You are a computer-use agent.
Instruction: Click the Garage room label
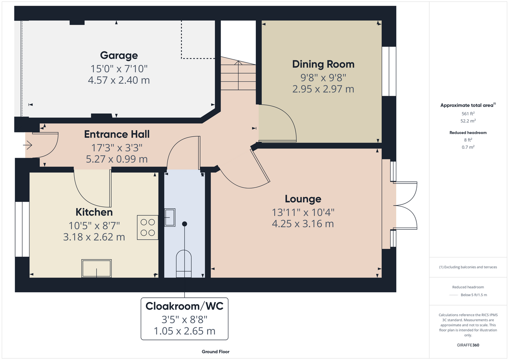pos(119,56)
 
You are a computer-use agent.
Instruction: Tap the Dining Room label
pos(323,64)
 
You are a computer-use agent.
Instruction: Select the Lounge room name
pos(303,199)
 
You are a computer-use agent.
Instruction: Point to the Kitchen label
pos(94,212)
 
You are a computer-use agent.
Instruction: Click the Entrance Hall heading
pos(117,134)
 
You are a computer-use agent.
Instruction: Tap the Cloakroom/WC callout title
pos(184,306)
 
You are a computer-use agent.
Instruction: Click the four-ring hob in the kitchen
pos(147,228)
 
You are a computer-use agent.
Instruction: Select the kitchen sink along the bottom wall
pos(96,268)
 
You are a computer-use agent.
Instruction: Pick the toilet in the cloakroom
pos(184,264)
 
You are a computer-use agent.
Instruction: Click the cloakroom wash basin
pos(170,217)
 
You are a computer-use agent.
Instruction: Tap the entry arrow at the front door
pos(27,145)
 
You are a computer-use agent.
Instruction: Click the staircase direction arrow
pos(238,75)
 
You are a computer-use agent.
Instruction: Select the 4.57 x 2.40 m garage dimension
pos(119,80)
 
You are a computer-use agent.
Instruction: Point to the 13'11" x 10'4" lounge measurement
pos(303,213)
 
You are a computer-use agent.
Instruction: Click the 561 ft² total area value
pos(468,113)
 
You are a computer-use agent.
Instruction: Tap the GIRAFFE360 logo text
pos(468,345)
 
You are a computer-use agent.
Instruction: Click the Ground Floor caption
pos(215,352)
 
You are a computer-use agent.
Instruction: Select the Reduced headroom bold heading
pos(468,132)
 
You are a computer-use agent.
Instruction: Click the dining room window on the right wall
pos(389,71)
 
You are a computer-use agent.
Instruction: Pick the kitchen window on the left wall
pos(22,229)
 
